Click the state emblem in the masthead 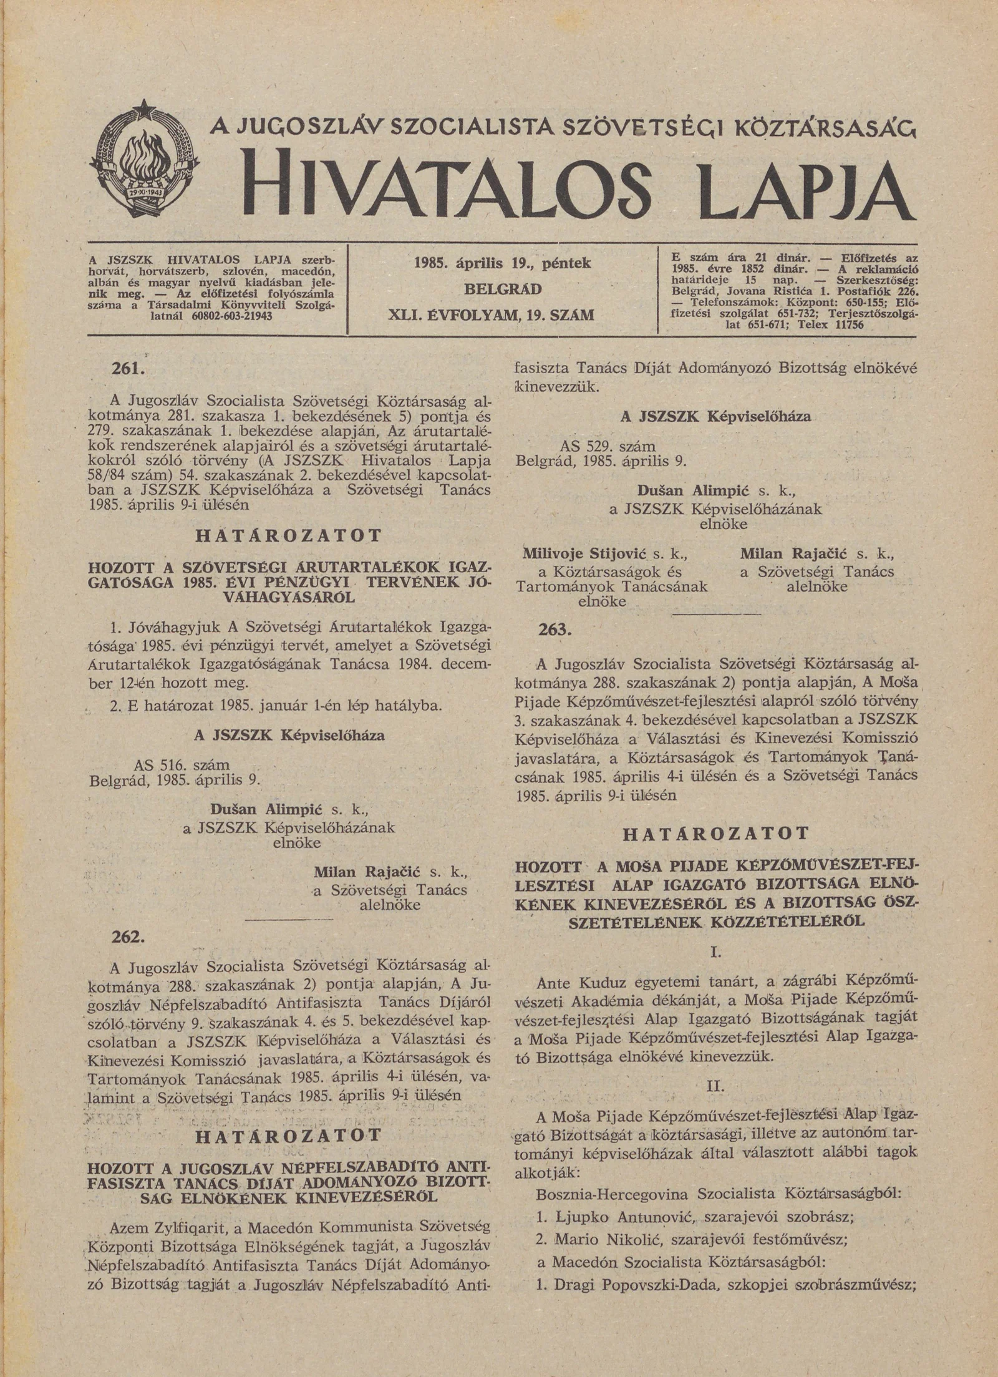click(145, 163)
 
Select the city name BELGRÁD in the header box click(502, 290)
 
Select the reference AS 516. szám click(182, 764)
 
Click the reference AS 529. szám click(609, 447)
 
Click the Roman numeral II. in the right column click(715, 1086)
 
